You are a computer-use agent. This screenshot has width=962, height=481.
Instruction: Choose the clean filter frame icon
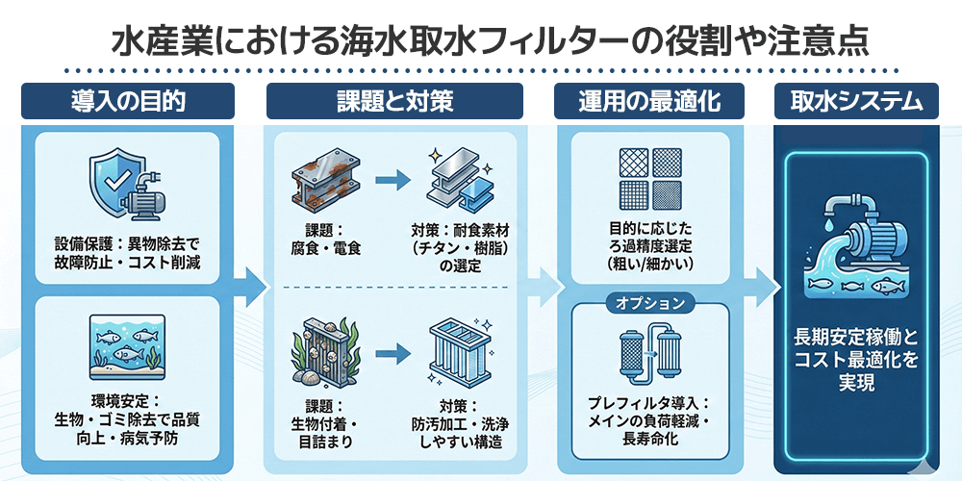pos(460,354)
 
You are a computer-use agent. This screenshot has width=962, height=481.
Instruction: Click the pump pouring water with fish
pos(855,245)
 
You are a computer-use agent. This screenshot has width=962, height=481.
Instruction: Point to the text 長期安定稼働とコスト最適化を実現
pos(855,360)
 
